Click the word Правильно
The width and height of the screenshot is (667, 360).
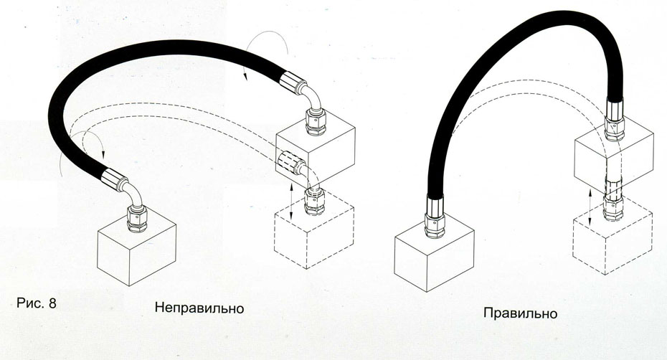click(x=520, y=313)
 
